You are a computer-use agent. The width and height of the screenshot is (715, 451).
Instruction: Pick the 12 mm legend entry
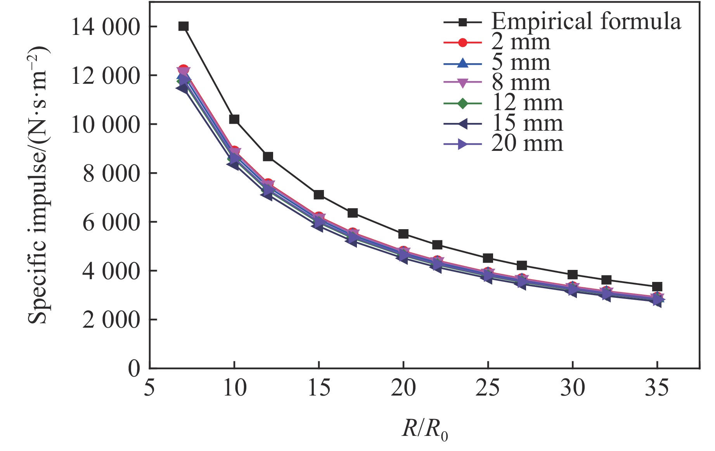[x=527, y=103]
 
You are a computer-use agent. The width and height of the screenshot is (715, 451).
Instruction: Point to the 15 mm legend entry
[x=527, y=123]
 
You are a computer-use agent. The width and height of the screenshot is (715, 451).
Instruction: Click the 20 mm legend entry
[x=527, y=143]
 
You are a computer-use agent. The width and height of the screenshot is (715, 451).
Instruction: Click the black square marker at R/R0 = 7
[x=184, y=26]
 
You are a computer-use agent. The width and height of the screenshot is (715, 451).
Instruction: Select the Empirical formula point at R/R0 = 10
[x=234, y=119]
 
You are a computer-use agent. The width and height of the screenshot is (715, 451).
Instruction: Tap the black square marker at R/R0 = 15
[x=319, y=194]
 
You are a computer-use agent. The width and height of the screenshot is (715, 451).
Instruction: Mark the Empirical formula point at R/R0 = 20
[x=403, y=234]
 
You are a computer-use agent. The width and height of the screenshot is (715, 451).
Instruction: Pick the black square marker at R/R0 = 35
[x=657, y=287]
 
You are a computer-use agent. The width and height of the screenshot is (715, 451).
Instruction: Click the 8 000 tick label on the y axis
[x=111, y=173]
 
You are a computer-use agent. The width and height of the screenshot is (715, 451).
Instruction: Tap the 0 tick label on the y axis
[x=134, y=368]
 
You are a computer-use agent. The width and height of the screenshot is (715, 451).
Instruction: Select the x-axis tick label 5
[x=149, y=388]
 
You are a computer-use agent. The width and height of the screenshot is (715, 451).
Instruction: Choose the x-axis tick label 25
[x=488, y=388]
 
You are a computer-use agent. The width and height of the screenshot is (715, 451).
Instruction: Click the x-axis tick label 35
[x=657, y=388]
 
